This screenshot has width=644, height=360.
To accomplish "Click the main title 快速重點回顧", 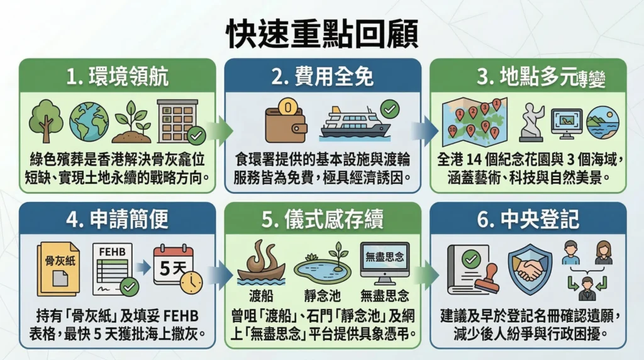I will pos(321,34).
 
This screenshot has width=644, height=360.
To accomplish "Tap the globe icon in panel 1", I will pos(89,121).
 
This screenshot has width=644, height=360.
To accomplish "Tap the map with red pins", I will pos(474,120).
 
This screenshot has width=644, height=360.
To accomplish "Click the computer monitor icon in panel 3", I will pos(566,122).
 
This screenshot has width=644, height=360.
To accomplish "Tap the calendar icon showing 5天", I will pos(175,267).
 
